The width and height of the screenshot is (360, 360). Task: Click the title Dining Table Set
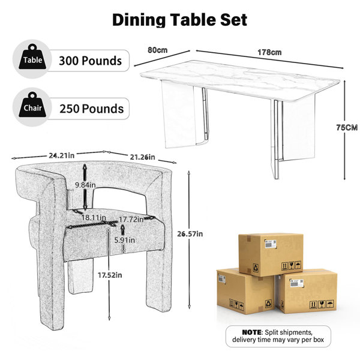pyautogui.click(x=179, y=20)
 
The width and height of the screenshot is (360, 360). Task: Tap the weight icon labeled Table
pyautogui.click(x=32, y=57)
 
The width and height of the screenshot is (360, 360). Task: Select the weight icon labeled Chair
pyautogui.click(x=32, y=105)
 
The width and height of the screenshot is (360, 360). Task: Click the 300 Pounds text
pyautogui.click(x=90, y=61)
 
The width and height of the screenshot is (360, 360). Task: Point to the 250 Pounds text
pyautogui.click(x=92, y=109)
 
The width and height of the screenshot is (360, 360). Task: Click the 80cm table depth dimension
pyautogui.click(x=157, y=50)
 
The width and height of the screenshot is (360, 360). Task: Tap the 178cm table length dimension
pyautogui.click(x=269, y=52)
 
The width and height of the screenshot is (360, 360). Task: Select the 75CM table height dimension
pyautogui.click(x=347, y=127)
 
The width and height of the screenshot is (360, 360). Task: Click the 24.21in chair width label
pyautogui.click(x=62, y=155)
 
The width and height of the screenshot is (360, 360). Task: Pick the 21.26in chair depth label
pyautogui.click(x=142, y=157)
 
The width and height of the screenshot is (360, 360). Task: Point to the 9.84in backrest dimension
pyautogui.click(x=85, y=185)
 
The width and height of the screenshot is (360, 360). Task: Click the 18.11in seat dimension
pyautogui.click(x=94, y=217)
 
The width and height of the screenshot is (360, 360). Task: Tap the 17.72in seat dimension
pyautogui.click(x=131, y=220)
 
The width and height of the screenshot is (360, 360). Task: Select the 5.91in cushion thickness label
pyautogui.click(x=124, y=240)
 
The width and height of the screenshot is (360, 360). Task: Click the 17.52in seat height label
pyautogui.click(x=110, y=275)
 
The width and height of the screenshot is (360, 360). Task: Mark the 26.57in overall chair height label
pyautogui.click(x=190, y=234)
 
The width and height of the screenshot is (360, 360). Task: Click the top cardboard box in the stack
pyautogui.click(x=271, y=254)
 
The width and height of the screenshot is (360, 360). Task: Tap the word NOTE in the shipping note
pyautogui.click(x=251, y=332)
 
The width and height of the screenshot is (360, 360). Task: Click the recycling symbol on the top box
pyautogui.click(x=256, y=268)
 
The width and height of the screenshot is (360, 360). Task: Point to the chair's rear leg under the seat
pyautogui.click(x=80, y=276)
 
